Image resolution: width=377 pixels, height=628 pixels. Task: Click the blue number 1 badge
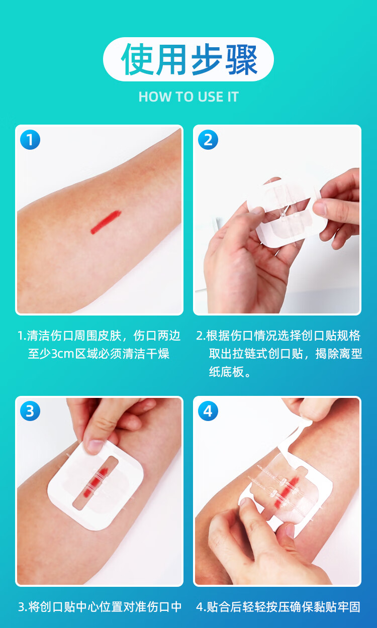pyautogui.click(x=30, y=140)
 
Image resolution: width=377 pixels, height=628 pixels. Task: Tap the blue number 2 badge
pyautogui.click(x=208, y=140)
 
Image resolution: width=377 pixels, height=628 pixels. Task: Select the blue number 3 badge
pyautogui.click(x=30, y=411)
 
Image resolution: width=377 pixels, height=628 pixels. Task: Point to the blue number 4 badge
pyautogui.click(x=208, y=411)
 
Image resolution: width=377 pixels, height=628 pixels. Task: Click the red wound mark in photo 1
pyautogui.click(x=106, y=222)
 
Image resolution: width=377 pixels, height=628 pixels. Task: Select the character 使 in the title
pyautogui.click(x=137, y=59)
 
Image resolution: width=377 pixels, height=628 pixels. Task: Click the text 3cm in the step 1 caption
pyautogui.click(x=62, y=354)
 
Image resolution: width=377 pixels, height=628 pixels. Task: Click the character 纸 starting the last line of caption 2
pyautogui.click(x=215, y=372)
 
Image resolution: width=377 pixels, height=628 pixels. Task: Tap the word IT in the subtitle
pyautogui.click(x=233, y=97)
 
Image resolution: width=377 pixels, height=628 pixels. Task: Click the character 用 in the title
pyautogui.click(x=171, y=59)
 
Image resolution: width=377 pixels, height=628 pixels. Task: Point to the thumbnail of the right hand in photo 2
pyautogui.click(x=320, y=208)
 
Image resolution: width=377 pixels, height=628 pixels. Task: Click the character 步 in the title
pyautogui.click(x=207, y=59)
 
